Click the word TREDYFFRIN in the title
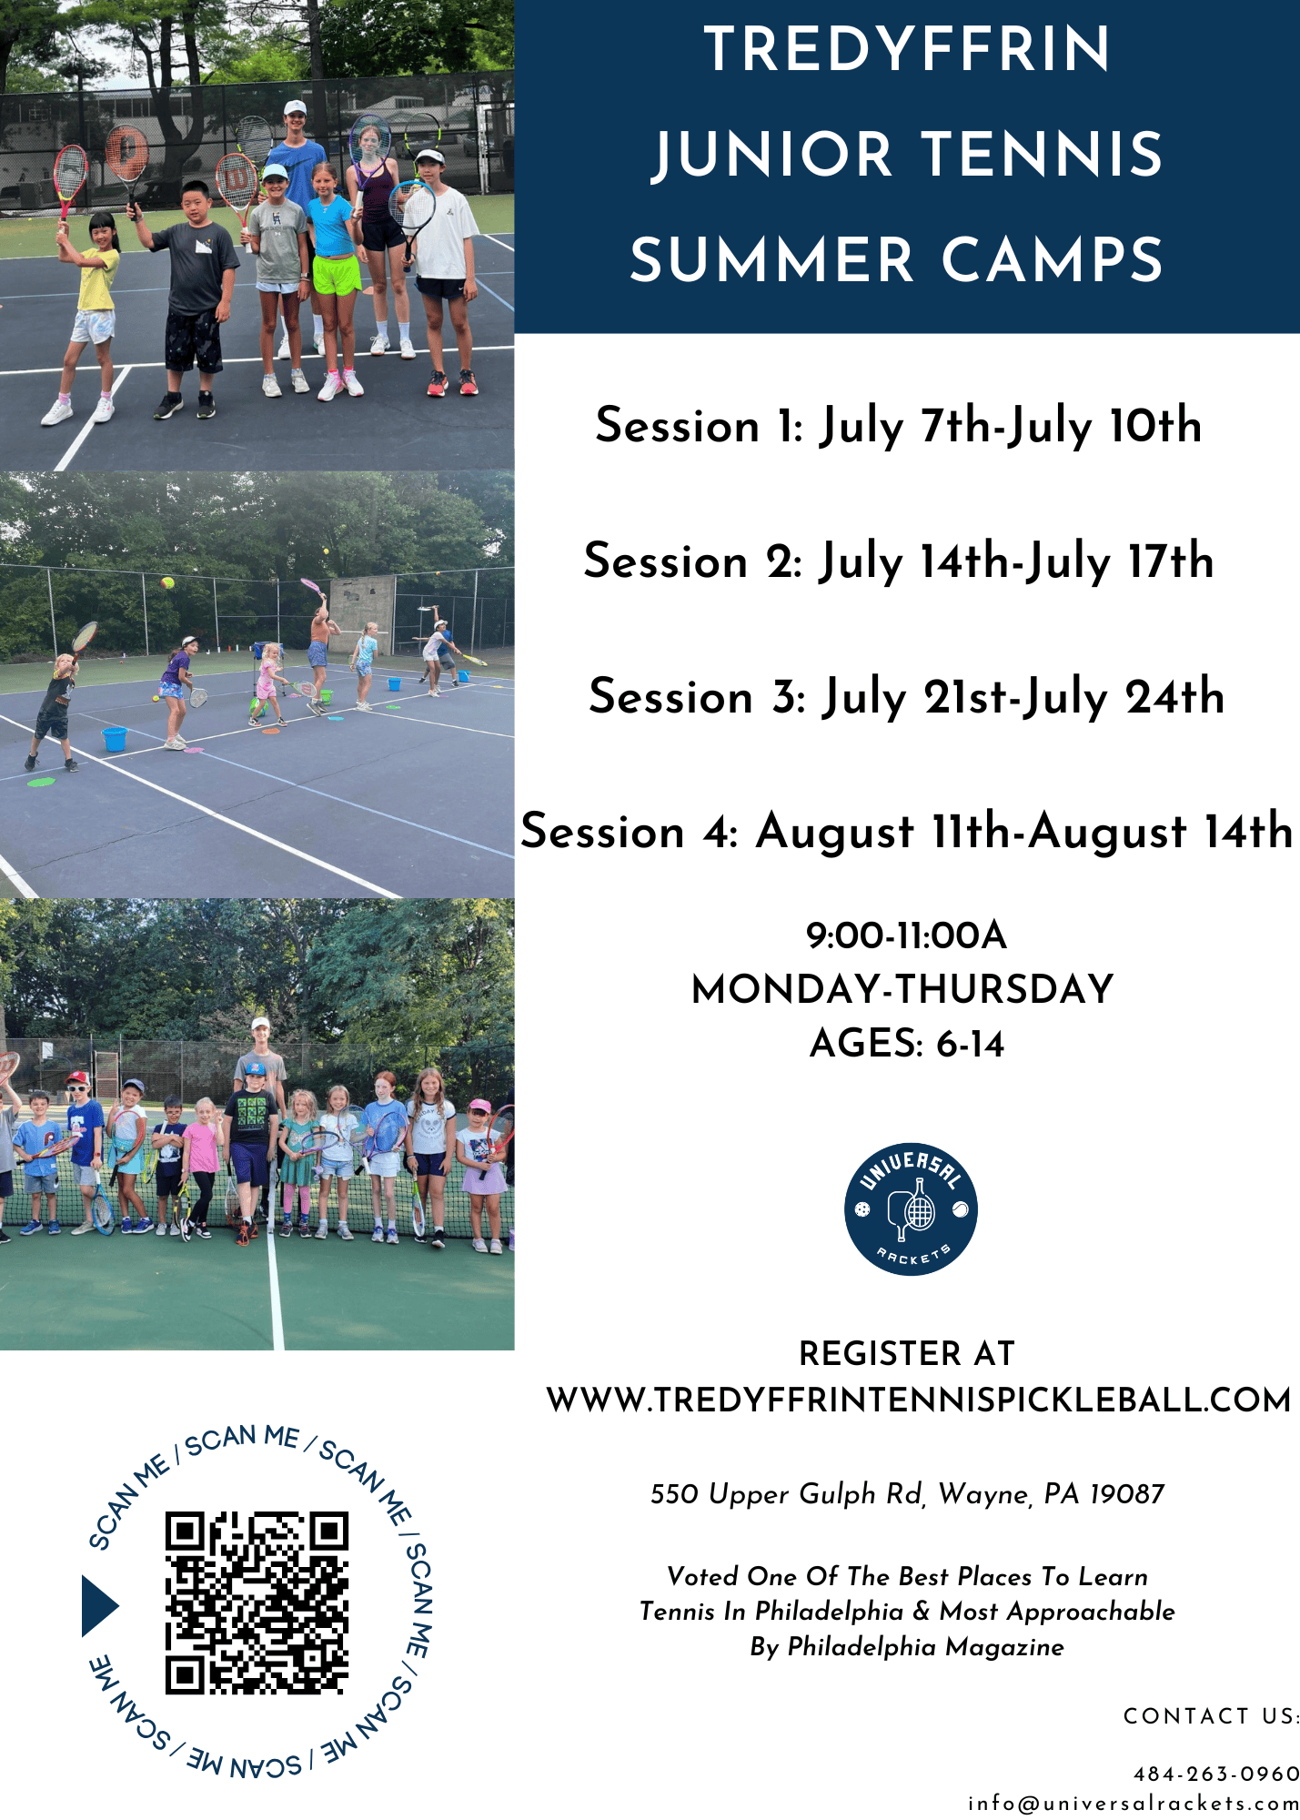907,49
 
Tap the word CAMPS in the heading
1053,260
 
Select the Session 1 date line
899,426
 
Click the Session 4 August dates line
906,832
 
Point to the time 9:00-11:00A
906,935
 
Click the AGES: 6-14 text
906,1044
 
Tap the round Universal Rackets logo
911,1208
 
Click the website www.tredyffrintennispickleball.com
919,1400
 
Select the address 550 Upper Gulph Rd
787,1494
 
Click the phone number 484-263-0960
1216,1774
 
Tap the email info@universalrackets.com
1134,1803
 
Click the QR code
257,1603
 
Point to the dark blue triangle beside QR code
100,1606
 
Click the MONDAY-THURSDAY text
902,989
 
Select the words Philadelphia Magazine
925,1647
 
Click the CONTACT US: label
1211,1716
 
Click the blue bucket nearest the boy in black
115,738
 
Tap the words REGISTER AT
906,1353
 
